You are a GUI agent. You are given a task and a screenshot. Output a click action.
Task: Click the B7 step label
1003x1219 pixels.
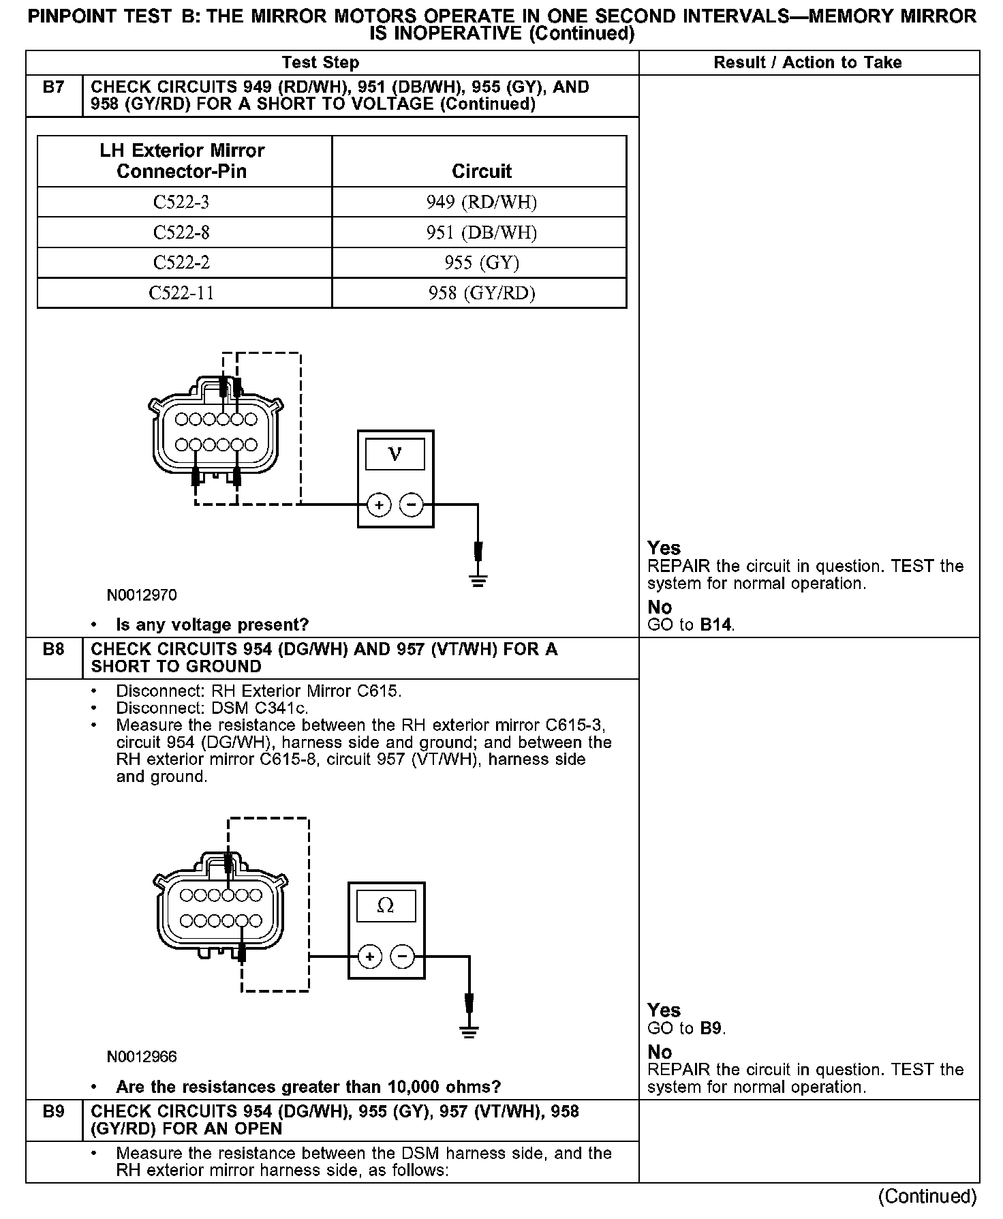tap(53, 88)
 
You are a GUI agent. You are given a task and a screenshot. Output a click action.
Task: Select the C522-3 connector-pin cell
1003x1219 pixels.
tap(181, 202)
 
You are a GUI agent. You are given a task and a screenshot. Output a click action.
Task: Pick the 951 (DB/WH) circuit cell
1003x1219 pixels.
tap(481, 233)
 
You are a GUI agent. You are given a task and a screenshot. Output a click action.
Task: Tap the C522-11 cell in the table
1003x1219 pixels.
tap(181, 293)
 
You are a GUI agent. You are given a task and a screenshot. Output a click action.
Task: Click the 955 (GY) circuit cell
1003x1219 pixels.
tap(481, 263)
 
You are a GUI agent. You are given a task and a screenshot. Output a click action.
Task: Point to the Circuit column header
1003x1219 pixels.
tap(481, 171)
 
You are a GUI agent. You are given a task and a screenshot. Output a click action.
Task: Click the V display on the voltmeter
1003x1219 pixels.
tap(395, 454)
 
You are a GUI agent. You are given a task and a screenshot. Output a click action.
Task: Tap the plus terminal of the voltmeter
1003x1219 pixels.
tap(379, 505)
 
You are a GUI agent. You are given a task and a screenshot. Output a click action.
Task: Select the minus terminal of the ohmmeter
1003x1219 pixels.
tap(402, 957)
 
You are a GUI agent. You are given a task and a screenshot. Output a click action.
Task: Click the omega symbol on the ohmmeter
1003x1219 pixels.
tap(385, 905)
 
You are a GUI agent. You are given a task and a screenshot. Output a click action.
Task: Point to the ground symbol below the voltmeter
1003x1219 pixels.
tap(478, 581)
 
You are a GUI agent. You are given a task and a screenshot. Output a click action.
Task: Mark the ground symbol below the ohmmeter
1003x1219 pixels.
tap(469, 1032)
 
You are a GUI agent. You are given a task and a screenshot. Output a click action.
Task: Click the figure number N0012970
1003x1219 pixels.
tap(142, 595)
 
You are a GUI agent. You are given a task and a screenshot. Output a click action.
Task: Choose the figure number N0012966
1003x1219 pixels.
tap(142, 1057)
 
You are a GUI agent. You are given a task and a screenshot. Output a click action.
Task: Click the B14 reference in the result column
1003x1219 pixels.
tap(716, 624)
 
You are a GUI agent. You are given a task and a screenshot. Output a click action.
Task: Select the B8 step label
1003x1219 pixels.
tap(53, 650)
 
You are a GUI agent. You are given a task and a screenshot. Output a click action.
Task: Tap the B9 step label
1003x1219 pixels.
tap(53, 1112)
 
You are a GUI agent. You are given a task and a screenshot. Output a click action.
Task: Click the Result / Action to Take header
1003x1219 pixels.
tap(807, 63)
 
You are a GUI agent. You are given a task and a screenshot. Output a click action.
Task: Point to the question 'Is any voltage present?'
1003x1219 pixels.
tap(212, 624)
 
